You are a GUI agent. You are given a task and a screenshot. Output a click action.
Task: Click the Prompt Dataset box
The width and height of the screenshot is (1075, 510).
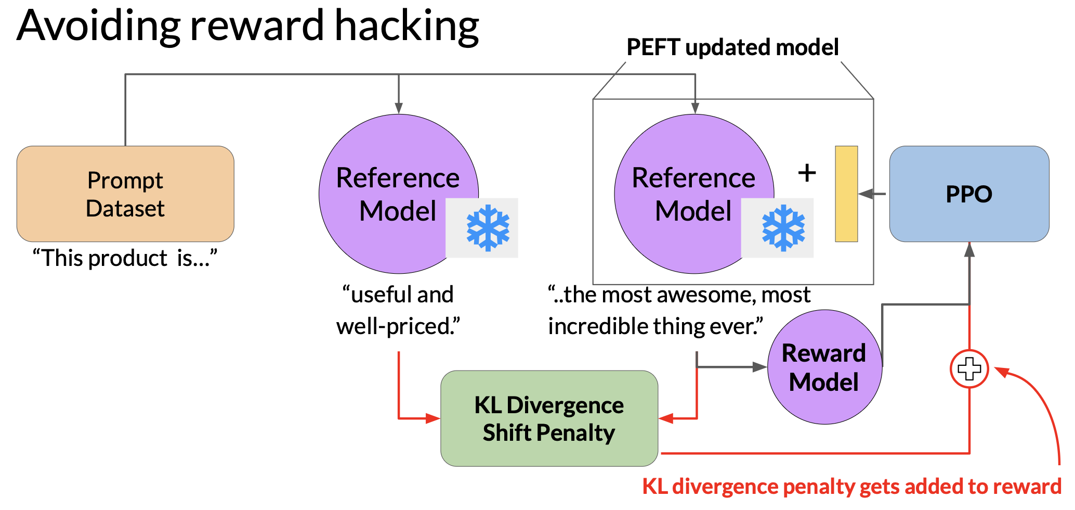pyautogui.click(x=125, y=194)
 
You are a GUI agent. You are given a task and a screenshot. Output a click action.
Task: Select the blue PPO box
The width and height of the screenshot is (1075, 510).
pyautogui.click(x=969, y=194)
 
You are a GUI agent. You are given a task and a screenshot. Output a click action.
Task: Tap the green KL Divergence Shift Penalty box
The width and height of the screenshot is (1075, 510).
pyautogui.click(x=549, y=418)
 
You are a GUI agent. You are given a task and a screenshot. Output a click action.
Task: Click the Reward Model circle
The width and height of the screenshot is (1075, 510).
pyautogui.click(x=825, y=367)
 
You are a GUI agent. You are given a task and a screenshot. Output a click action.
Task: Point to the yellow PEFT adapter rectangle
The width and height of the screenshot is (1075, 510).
pyautogui.click(x=846, y=194)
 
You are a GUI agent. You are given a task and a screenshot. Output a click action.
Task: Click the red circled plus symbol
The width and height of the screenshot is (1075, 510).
pyautogui.click(x=969, y=369)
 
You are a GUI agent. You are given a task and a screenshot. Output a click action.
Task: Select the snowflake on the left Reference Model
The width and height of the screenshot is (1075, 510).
pyautogui.click(x=488, y=228)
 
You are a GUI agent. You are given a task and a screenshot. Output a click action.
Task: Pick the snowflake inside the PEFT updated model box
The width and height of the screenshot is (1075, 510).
pyautogui.click(x=783, y=228)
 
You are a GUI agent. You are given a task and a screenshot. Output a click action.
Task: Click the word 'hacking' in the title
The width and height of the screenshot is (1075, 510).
pyautogui.click(x=407, y=26)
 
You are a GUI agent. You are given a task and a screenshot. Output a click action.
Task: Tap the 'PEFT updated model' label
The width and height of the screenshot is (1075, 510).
pyautogui.click(x=732, y=47)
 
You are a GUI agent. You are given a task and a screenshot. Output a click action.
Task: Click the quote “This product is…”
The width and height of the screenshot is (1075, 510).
pyautogui.click(x=125, y=258)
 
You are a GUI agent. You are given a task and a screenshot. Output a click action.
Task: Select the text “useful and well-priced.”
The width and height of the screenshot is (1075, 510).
pyautogui.click(x=398, y=311)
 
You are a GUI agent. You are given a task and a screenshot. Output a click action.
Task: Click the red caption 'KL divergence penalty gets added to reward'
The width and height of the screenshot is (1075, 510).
pyautogui.click(x=852, y=487)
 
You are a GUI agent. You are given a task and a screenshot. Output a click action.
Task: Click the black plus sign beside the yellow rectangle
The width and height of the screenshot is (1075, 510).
pyautogui.click(x=807, y=173)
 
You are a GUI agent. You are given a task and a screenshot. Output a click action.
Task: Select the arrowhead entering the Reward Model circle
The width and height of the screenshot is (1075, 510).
pyautogui.click(x=760, y=367)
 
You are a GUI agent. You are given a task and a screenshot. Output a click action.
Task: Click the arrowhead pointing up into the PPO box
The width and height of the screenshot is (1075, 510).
pyautogui.click(x=969, y=250)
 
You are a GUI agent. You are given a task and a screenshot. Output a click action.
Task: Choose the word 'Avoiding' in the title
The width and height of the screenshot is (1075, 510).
pyautogui.click(x=99, y=26)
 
